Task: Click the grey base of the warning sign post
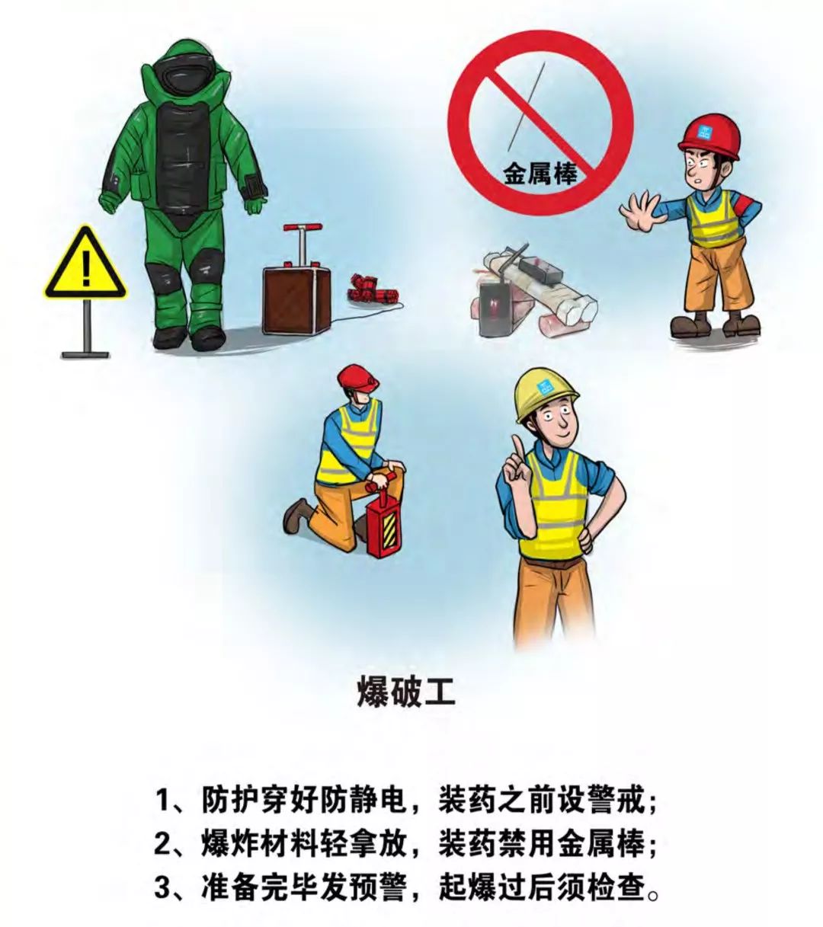(85, 353)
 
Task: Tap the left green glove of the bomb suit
(110, 202)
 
